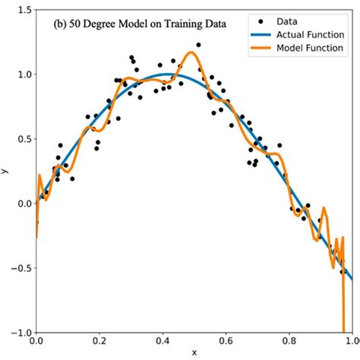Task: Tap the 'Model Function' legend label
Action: pos(311,49)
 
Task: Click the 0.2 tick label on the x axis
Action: pos(100,343)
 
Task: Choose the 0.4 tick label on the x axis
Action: pos(163,343)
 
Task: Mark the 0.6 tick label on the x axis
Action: pos(226,343)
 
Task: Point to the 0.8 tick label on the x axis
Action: pos(289,343)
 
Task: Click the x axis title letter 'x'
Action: pos(194,353)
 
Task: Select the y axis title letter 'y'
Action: pos(5,171)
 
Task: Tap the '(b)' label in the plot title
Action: pos(61,23)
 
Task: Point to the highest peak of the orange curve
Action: pos(191,52)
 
